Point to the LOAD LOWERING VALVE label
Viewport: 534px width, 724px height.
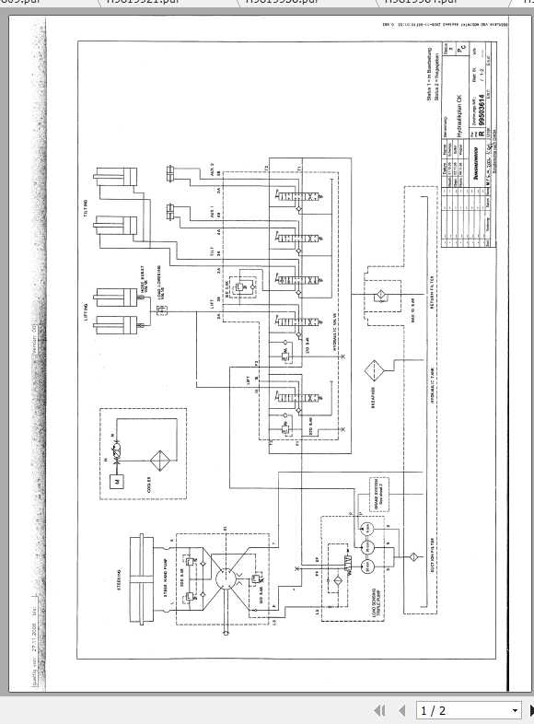pyautogui.click(x=164, y=293)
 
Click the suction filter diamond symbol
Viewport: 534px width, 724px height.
pyautogui.click(x=412, y=557)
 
